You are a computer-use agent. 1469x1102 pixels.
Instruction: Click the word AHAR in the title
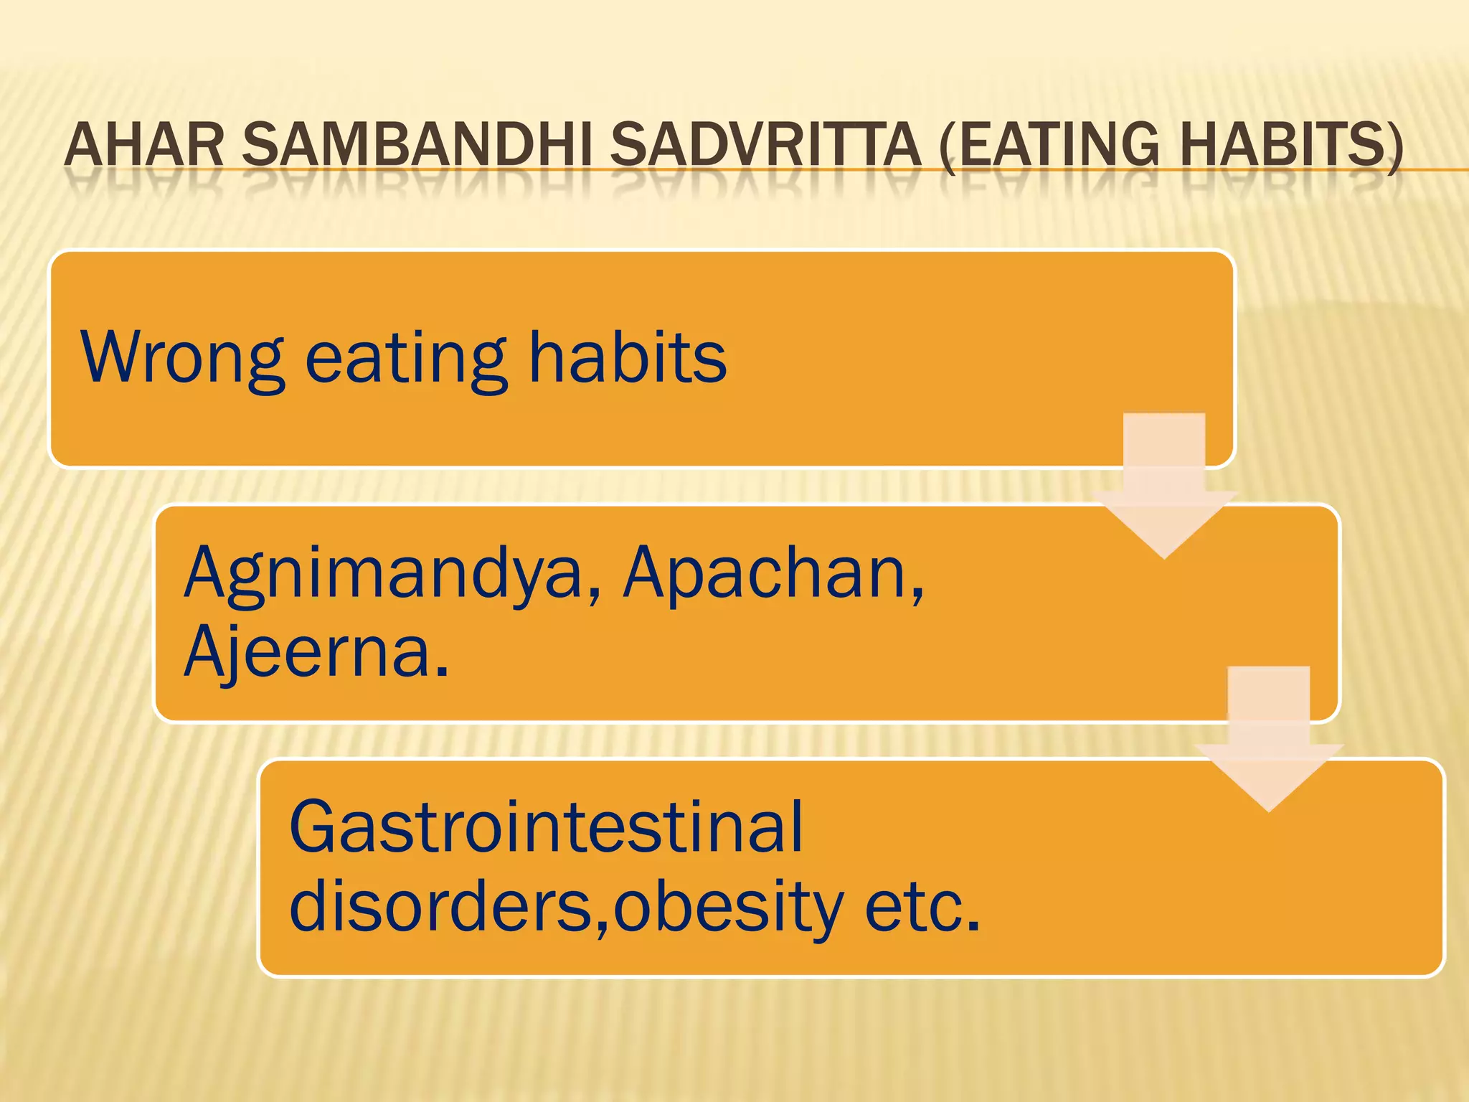[x=144, y=146]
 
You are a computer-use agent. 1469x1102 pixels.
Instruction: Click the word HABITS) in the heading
[x=1291, y=146]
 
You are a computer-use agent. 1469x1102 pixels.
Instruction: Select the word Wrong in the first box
[x=182, y=357]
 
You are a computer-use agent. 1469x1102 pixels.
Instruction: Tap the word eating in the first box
[x=406, y=357]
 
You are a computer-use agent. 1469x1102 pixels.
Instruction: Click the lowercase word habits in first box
[x=628, y=357]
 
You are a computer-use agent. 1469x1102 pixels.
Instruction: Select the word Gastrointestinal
[x=546, y=827]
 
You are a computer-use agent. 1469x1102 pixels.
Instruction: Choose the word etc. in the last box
[x=922, y=905]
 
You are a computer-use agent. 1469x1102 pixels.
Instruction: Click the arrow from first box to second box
[x=1164, y=488]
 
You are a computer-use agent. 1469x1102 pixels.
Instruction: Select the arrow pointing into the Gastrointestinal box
[x=1268, y=741]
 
